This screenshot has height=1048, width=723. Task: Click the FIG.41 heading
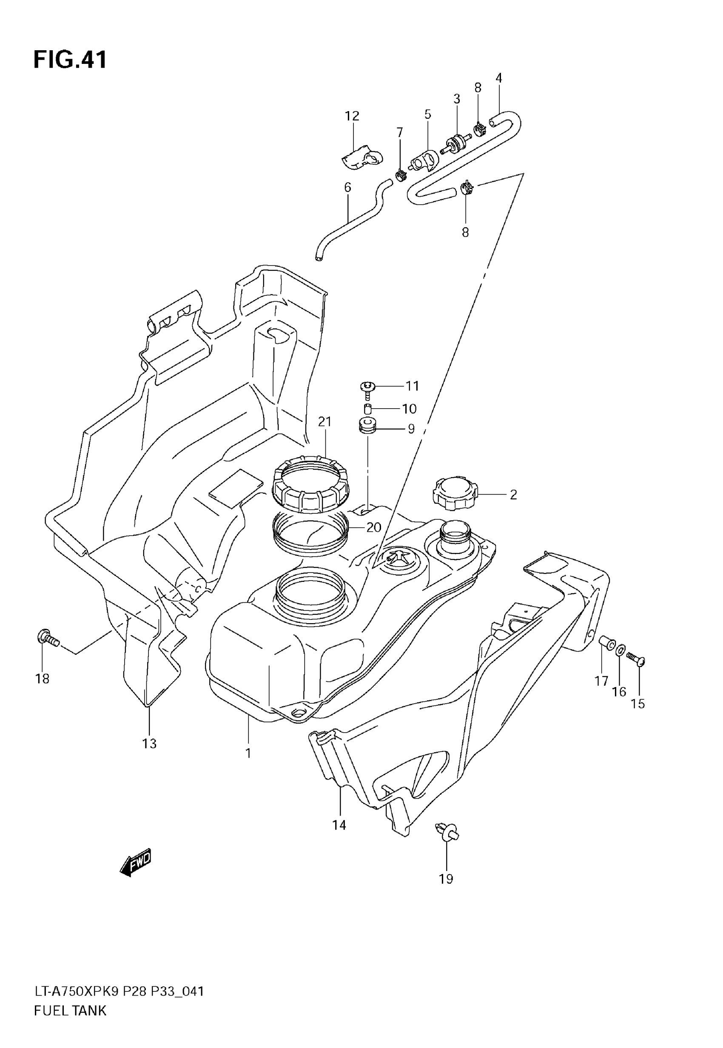(70, 60)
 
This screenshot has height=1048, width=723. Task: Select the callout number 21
(325, 421)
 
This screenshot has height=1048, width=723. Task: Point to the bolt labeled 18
(47, 639)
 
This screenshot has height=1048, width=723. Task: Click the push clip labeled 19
(447, 832)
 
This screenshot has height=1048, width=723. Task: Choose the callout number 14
(339, 825)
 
